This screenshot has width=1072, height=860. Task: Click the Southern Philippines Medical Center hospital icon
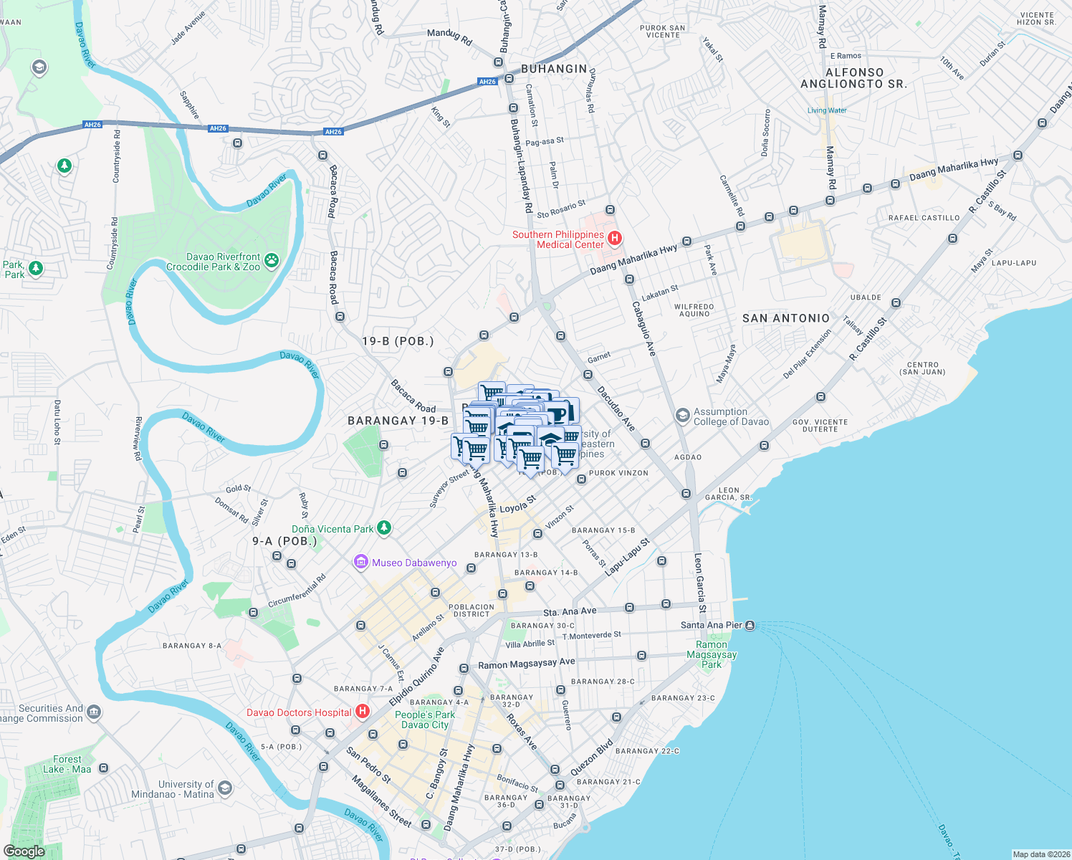click(x=614, y=238)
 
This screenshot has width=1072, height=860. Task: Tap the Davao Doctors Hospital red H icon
click(x=363, y=712)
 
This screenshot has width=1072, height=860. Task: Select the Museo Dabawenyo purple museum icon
click(x=361, y=563)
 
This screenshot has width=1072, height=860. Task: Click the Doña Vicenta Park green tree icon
click(x=384, y=528)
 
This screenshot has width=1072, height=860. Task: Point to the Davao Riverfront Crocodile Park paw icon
click(x=272, y=261)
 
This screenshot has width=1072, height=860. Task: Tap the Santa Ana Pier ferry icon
click(x=750, y=625)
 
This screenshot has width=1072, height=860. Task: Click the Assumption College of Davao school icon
click(x=683, y=416)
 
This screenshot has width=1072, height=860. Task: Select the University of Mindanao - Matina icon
click(x=225, y=789)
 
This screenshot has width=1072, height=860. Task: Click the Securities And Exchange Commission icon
click(x=94, y=713)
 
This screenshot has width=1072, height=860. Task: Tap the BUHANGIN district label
click(x=554, y=69)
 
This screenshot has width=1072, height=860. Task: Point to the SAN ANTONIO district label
click(x=786, y=318)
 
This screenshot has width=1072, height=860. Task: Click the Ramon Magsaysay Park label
click(x=712, y=654)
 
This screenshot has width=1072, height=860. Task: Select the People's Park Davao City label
click(x=425, y=720)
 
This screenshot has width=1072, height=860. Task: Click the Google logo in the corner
click(x=24, y=851)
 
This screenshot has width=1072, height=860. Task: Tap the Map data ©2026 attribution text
click(x=1040, y=854)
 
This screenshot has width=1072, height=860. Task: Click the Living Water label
click(x=827, y=110)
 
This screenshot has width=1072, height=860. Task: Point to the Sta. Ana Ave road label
click(x=570, y=612)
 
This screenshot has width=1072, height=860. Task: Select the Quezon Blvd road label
click(x=592, y=758)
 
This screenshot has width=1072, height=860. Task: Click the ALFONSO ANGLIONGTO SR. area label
click(x=854, y=78)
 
